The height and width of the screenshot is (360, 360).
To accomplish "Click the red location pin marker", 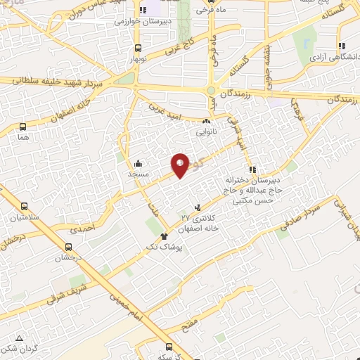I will tap(180, 165).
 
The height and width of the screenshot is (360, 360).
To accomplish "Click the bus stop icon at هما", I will tap(23, 127).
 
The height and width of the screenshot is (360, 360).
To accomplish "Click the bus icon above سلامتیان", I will tap(25, 207).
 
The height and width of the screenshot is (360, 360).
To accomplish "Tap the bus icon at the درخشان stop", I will tap(68, 247).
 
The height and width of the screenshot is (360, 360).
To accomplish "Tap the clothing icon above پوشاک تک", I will tap(165, 236).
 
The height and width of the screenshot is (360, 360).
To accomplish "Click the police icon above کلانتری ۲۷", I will tap(198, 207).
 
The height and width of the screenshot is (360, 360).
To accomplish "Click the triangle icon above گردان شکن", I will tap(19, 336).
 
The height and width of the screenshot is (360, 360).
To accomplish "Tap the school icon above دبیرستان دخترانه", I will tap(252, 169).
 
